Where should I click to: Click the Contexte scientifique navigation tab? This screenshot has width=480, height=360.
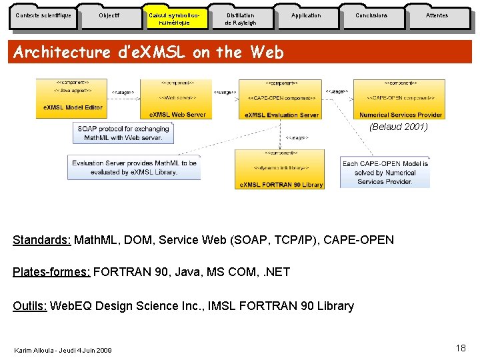43,16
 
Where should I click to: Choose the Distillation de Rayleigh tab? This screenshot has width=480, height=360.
241,19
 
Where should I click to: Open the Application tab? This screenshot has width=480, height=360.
306,16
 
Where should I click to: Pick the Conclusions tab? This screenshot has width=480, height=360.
371,16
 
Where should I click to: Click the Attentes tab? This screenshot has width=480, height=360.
437,16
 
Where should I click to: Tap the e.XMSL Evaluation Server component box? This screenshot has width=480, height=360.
281,98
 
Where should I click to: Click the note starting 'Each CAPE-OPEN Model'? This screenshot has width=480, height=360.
385,173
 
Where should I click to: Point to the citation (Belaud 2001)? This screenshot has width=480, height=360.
398,127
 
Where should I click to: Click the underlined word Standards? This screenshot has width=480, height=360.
41,240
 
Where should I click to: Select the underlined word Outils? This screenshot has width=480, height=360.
30,306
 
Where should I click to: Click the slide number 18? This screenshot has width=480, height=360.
461,348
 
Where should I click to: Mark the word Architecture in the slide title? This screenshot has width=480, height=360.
62,53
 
